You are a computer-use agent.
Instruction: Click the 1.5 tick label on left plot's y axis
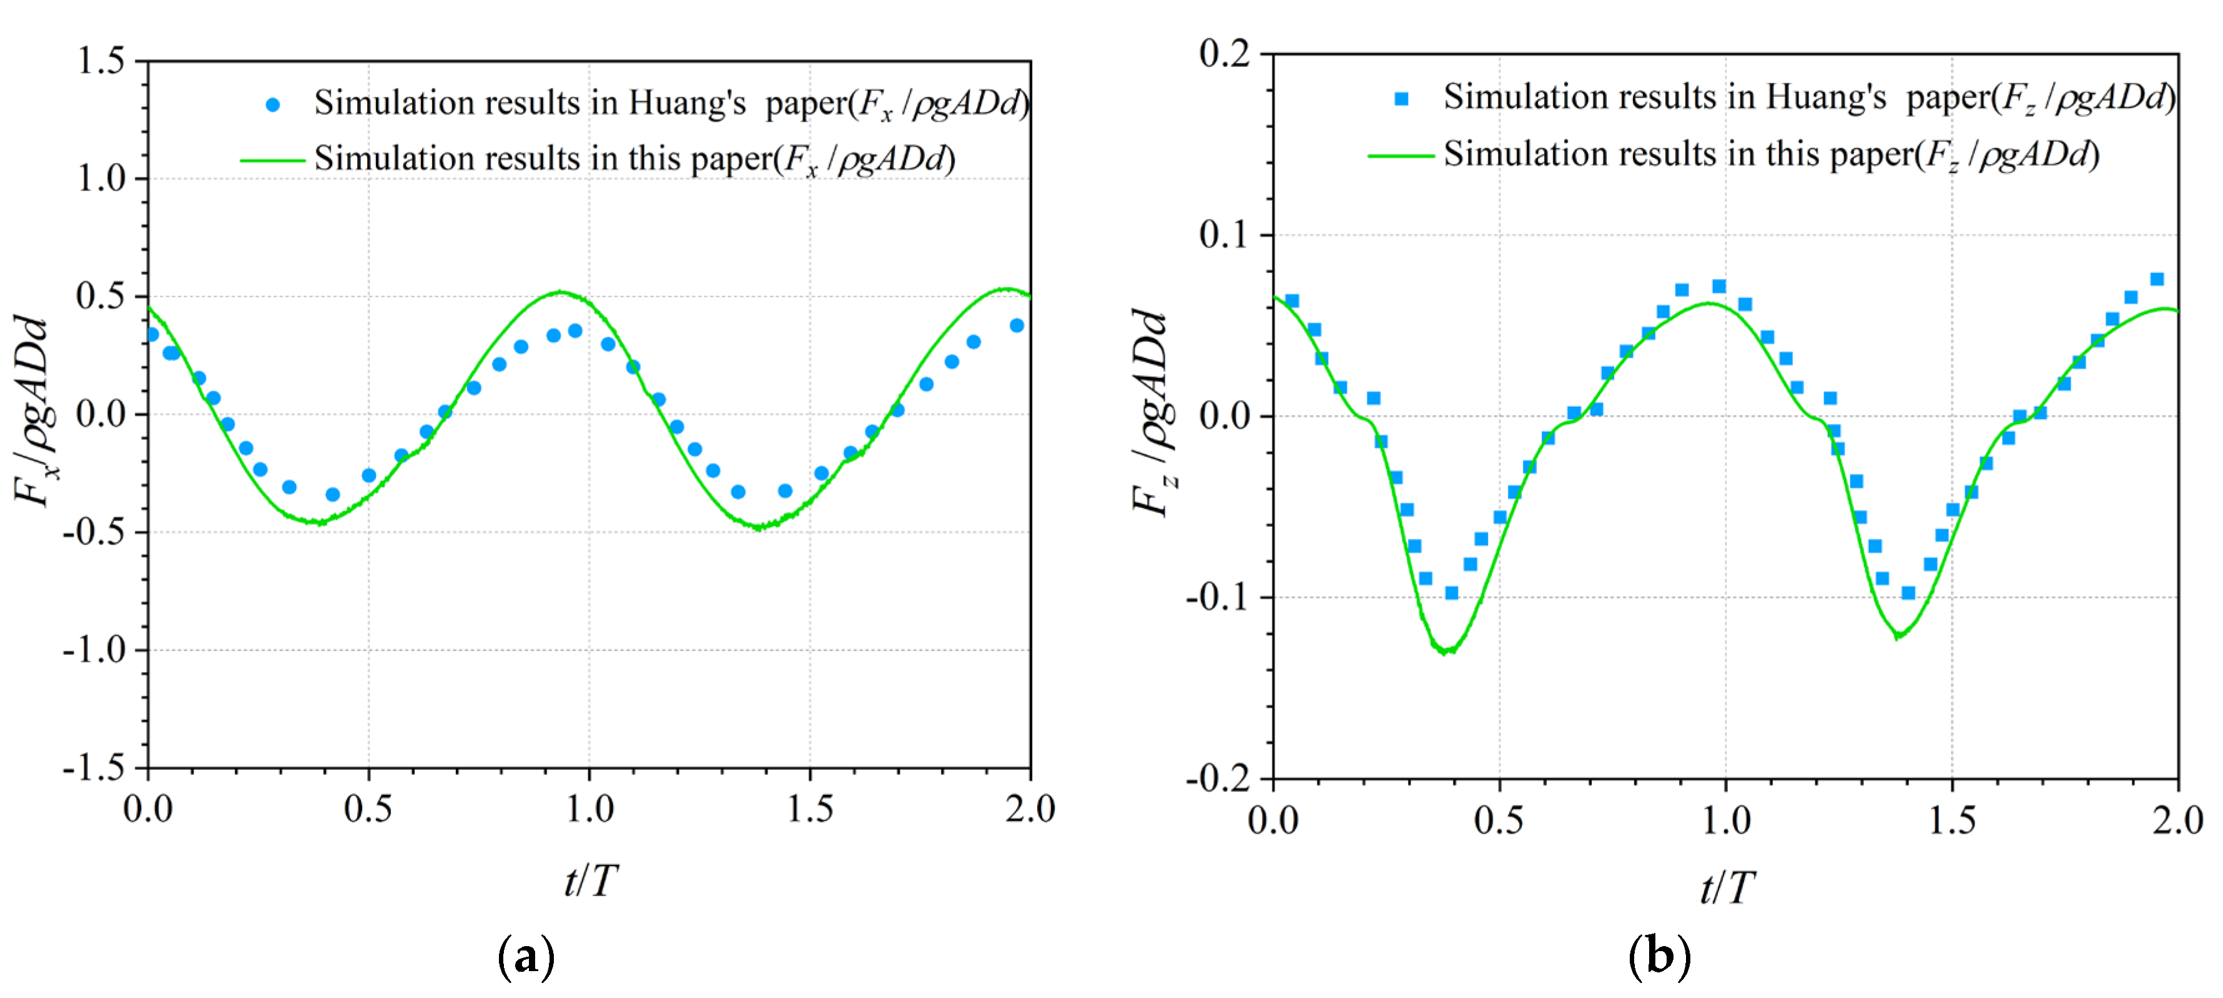[x=101, y=61]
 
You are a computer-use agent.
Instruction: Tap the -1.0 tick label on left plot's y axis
[x=94, y=649]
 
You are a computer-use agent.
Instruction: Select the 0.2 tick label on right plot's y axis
[x=1225, y=54]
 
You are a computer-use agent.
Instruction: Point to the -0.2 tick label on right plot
[x=1218, y=778]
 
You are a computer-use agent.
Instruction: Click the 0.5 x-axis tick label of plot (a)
[x=368, y=809]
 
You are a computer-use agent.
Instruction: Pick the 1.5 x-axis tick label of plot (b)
[x=1952, y=819]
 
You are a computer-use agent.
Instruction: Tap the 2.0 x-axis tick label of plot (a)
[x=1030, y=809]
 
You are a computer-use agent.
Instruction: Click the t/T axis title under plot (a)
[x=590, y=881]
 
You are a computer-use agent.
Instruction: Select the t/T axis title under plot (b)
[x=1727, y=887]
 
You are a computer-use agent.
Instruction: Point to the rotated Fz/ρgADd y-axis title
[x=1153, y=412]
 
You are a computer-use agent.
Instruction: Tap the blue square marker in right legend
[x=1401, y=99]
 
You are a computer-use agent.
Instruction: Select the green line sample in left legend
[x=273, y=161]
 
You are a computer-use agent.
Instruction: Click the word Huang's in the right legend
[x=1826, y=97]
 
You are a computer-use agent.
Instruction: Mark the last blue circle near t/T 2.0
[x=1017, y=326]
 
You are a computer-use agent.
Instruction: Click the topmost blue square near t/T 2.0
[x=2157, y=279]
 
